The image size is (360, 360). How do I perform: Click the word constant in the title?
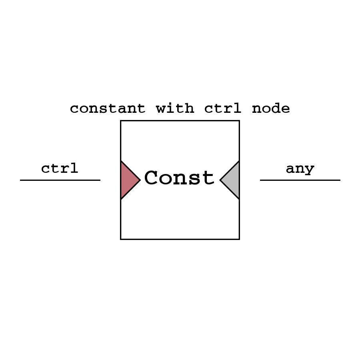tap(107, 108)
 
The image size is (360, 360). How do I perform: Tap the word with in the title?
tap(175, 108)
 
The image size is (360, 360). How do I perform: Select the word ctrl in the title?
tap(223, 108)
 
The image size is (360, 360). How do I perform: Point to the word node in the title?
tap(271, 108)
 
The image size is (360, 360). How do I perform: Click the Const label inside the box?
tap(179, 178)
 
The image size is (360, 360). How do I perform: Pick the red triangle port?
tap(128, 180)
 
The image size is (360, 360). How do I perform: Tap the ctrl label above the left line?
tap(60, 168)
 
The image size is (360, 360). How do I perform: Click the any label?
tap(300, 169)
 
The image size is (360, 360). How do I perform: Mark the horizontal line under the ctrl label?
tap(60, 180)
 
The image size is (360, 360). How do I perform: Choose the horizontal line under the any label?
tap(300, 180)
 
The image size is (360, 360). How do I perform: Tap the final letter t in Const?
tap(208, 178)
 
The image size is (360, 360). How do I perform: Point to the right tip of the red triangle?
tap(140, 180)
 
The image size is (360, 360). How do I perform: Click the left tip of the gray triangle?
tap(220, 180)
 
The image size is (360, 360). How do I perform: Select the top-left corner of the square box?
tap(121, 121)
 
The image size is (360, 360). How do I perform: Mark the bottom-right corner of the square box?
tap(239, 239)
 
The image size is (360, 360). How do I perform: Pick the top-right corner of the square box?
tap(239, 121)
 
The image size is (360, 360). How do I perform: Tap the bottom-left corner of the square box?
tap(121, 239)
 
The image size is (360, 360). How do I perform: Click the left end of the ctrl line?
tap(21, 180)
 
